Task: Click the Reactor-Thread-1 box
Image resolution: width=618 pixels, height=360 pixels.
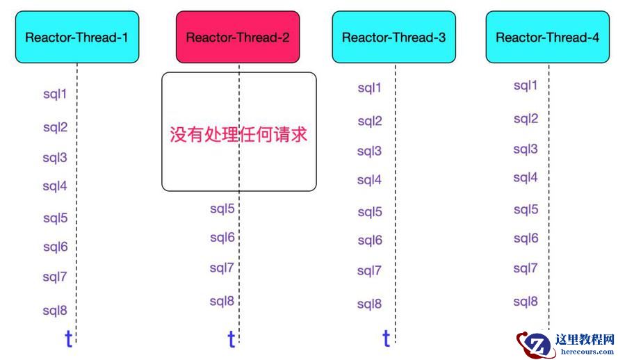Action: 76,38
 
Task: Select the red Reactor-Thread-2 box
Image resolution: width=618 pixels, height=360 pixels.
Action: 238,38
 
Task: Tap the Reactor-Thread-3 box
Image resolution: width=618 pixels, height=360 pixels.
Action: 393,38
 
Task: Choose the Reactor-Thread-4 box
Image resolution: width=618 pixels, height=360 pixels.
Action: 547,38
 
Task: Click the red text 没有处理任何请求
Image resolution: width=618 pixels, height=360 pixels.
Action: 238,134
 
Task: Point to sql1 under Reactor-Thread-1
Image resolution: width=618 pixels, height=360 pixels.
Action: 55,93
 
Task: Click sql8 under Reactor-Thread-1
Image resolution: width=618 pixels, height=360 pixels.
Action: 55,311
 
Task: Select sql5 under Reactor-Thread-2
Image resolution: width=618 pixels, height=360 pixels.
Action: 222,208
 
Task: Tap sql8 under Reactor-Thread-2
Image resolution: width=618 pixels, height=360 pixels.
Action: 222,301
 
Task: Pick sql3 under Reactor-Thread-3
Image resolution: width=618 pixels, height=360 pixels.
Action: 370,151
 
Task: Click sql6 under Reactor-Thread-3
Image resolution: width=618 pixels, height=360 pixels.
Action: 370,240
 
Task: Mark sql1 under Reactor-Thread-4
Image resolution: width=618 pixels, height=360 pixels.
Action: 526,85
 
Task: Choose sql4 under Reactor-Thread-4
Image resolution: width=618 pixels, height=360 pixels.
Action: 526,177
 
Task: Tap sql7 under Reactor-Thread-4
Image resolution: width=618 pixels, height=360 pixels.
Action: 526,268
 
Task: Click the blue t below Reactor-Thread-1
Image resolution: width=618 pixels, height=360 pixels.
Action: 68,339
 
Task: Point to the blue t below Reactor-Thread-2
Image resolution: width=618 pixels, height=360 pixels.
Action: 231,340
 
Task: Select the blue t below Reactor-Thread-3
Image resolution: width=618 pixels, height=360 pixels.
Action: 386,338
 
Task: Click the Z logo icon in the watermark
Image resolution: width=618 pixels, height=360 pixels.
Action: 535,343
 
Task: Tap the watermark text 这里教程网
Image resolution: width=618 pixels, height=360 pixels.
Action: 585,340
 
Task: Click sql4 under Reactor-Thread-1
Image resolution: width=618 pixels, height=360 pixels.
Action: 55,186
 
